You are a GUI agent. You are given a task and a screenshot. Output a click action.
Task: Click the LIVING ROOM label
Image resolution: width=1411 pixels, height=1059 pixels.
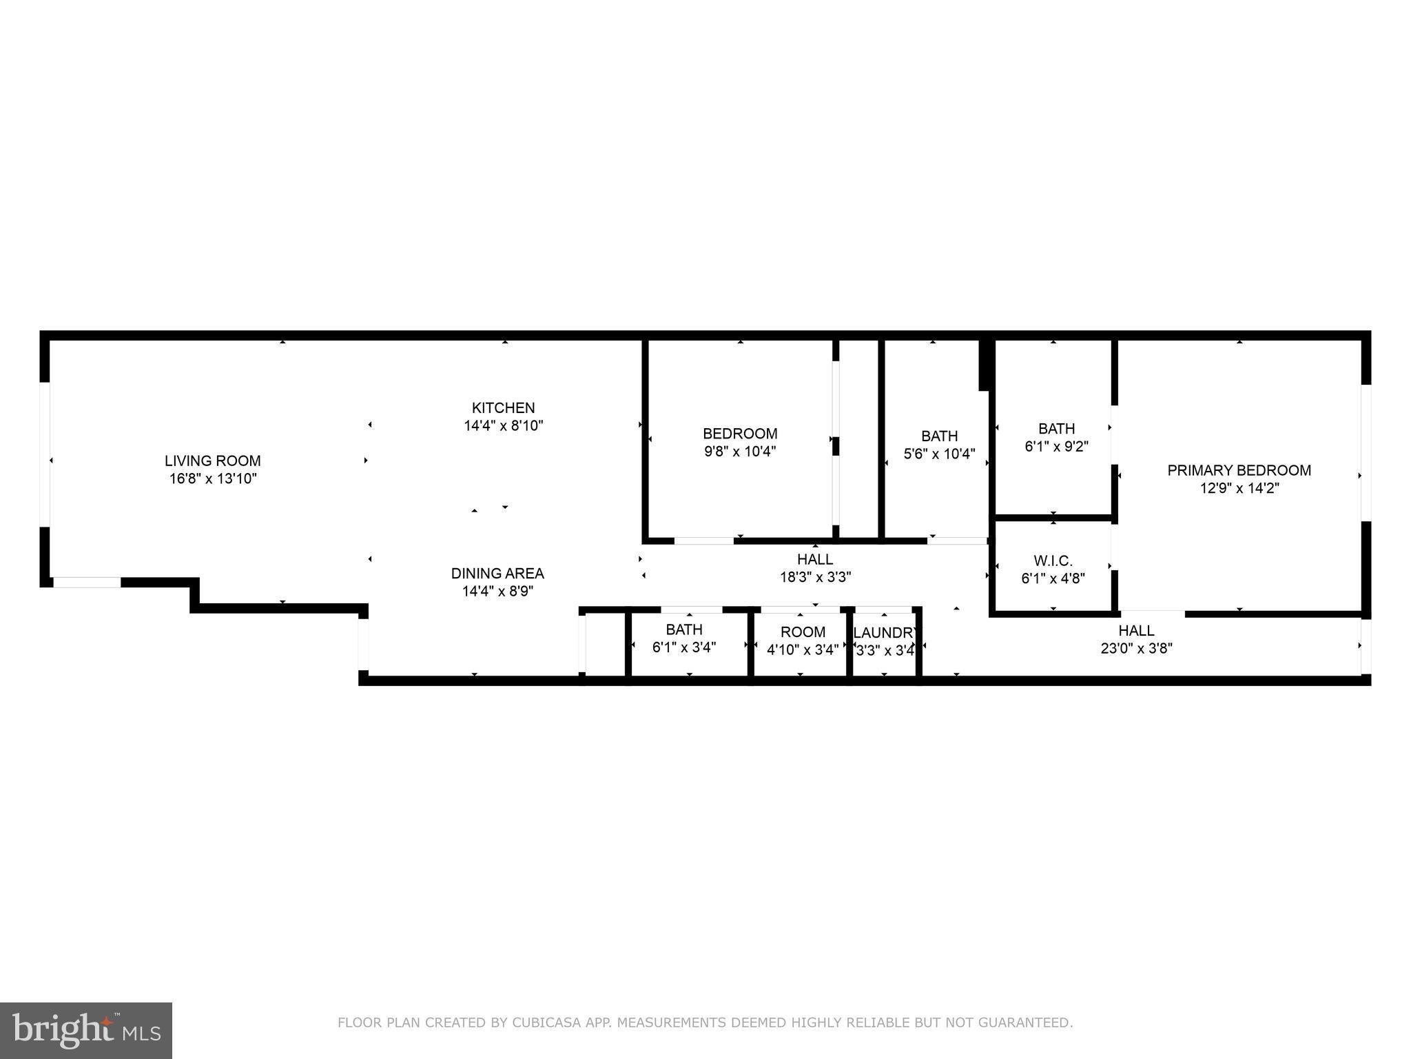[x=212, y=461]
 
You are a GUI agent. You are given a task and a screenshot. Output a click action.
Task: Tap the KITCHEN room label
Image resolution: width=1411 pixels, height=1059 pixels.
[x=503, y=407]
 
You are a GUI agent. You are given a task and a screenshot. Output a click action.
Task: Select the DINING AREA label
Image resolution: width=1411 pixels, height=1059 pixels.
[x=497, y=573]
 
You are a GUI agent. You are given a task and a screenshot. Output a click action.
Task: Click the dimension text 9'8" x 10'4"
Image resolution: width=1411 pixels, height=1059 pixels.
[x=740, y=452]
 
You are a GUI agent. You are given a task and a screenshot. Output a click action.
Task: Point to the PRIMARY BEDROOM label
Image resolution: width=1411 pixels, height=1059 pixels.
[x=1239, y=470]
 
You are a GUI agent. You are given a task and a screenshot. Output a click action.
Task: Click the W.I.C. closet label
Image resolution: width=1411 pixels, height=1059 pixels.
[x=1053, y=561]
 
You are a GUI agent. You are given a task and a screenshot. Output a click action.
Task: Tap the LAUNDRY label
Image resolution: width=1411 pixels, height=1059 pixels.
[x=885, y=632]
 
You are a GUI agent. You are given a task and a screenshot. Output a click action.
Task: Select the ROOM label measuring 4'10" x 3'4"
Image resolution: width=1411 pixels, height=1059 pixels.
[x=803, y=632]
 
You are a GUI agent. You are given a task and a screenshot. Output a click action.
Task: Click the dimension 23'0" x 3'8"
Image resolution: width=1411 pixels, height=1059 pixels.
[x=1136, y=648]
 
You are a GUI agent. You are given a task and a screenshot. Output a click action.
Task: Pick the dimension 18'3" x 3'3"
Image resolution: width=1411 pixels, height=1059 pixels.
[x=815, y=577]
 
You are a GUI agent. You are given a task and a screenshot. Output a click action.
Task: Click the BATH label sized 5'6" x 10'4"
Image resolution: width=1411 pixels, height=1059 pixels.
[x=939, y=436]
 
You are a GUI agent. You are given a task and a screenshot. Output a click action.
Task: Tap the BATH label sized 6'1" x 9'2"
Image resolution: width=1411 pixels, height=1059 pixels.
[x=1056, y=428]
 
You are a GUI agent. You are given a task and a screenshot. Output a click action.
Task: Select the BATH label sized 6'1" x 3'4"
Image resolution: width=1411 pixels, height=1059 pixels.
[x=684, y=629]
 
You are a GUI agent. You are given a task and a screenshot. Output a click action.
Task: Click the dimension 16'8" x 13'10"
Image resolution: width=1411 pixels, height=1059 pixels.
[x=213, y=478]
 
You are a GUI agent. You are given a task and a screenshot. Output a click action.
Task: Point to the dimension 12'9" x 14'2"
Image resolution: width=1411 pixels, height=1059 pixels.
[x=1239, y=488]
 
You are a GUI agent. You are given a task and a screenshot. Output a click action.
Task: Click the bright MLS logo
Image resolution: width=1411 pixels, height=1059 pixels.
[x=85, y=1030]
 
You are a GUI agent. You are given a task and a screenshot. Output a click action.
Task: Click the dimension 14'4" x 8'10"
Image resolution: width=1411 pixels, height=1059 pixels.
[x=503, y=425]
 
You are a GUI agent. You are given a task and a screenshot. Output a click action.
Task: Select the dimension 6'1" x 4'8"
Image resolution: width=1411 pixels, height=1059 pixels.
[x=1053, y=578]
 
